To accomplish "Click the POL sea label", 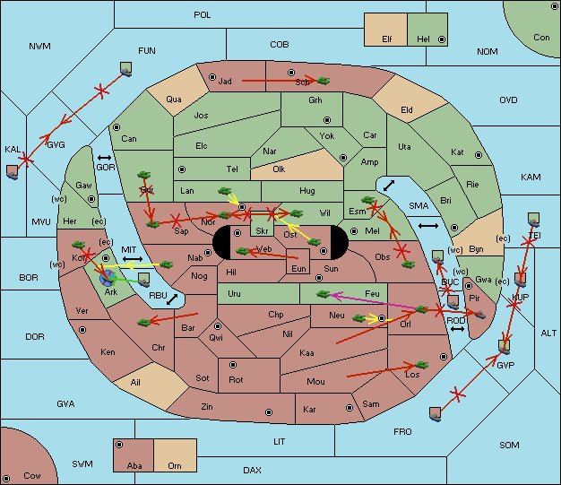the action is (x=203, y=15).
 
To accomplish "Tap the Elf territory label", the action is (x=387, y=39).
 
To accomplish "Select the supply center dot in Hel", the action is (x=442, y=39).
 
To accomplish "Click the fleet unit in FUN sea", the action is (x=126, y=69).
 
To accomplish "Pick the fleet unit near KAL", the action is (x=13, y=172).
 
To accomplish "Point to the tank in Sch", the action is (x=324, y=81).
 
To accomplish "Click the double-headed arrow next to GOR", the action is (x=104, y=158).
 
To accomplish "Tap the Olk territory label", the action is (x=279, y=169).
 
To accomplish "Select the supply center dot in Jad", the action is (x=212, y=77).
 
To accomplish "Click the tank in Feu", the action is (x=324, y=295).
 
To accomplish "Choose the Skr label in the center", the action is (x=262, y=231).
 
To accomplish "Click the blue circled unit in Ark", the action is (x=108, y=278).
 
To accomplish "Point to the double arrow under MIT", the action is (x=133, y=259).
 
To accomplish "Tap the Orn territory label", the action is (x=175, y=465).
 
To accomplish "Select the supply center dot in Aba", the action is (x=119, y=445).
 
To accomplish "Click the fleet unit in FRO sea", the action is (x=435, y=414).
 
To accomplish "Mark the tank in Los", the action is (x=421, y=365).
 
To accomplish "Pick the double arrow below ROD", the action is (x=457, y=329).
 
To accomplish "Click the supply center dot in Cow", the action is (x=6, y=479).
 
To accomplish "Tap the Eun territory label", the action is (x=298, y=268).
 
